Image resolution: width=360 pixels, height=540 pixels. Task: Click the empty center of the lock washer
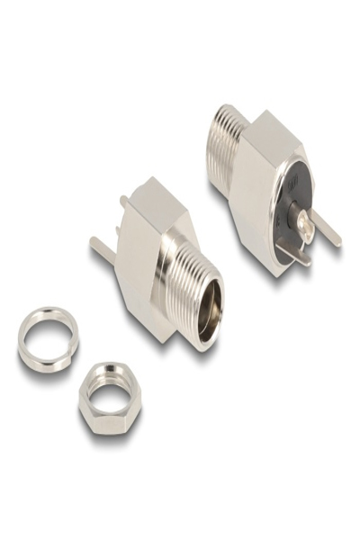tap(47, 339)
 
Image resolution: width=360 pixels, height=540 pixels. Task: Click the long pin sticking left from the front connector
tap(103, 245)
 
